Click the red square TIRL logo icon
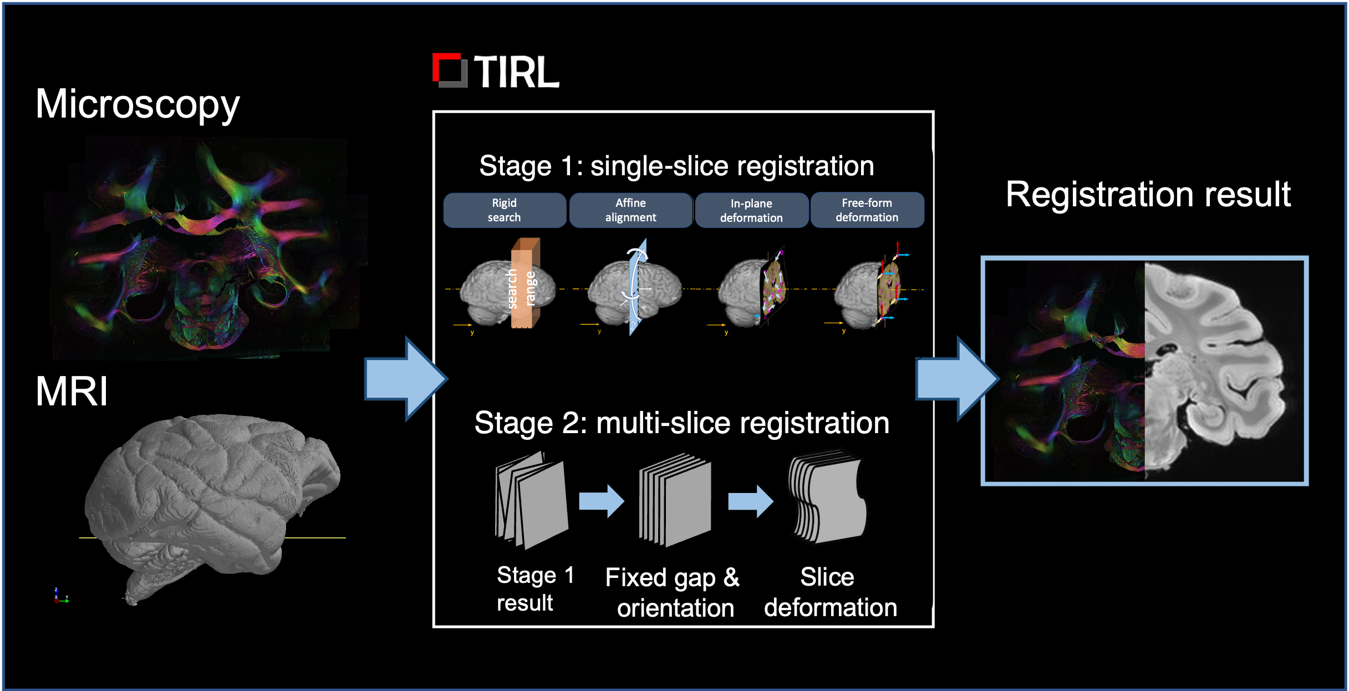(450, 70)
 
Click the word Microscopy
(138, 104)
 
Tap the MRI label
(72, 392)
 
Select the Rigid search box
(505, 210)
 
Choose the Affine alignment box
(630, 210)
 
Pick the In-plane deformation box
(751, 211)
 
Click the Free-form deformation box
(867, 210)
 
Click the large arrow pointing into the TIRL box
(405, 379)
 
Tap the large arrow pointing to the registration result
(956, 379)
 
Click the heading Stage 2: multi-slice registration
(681, 423)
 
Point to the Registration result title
(1148, 195)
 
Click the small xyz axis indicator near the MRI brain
(60, 596)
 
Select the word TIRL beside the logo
(516, 72)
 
